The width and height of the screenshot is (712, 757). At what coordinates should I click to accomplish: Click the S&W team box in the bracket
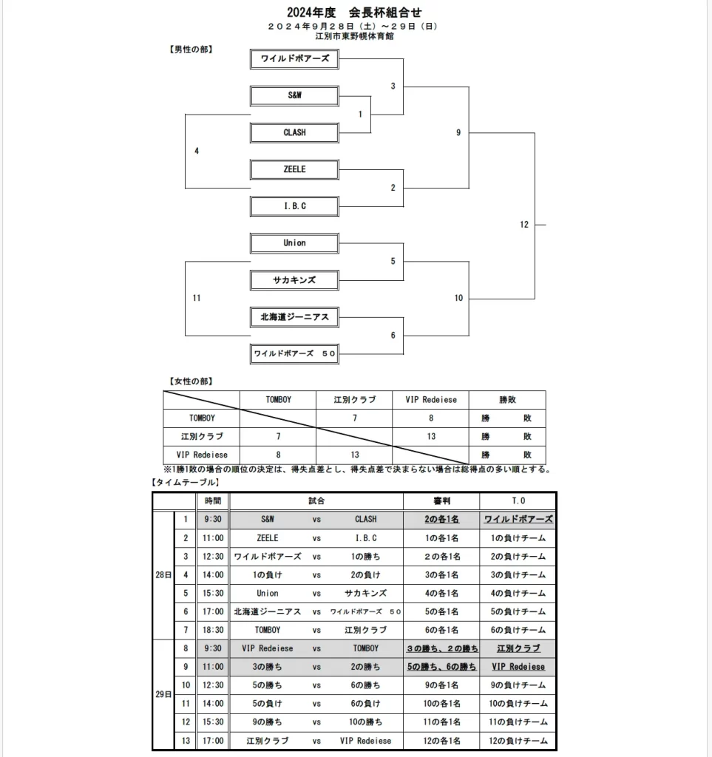294,95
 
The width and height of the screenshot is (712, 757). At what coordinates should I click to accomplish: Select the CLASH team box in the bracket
294,132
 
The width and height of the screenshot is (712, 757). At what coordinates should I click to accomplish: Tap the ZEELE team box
294,169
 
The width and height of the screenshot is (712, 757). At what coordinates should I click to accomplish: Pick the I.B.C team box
294,206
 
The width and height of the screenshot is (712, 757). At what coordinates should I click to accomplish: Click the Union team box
294,242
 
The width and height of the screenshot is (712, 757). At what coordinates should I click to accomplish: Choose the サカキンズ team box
294,280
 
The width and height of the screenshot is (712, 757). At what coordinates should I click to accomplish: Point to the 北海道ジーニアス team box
294,317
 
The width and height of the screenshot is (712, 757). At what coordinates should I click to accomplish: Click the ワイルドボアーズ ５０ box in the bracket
294,354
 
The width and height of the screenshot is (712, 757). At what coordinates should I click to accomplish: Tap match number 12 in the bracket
524,225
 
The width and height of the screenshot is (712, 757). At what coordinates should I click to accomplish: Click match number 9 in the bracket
458,132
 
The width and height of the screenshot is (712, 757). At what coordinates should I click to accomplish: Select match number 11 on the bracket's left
197,298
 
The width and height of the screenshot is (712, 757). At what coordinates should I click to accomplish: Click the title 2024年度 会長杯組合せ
354,13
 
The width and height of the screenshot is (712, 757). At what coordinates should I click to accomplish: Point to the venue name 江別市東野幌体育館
354,35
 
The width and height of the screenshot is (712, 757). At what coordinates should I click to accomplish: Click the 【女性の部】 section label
191,381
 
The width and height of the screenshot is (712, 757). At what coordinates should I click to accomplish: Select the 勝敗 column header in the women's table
507,400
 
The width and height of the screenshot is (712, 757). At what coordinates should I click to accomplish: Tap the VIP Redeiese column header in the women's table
431,400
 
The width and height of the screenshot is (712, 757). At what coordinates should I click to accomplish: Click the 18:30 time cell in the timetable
213,630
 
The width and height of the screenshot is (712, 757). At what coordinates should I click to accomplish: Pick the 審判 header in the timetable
441,501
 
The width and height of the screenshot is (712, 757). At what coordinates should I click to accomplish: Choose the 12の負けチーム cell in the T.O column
518,740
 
